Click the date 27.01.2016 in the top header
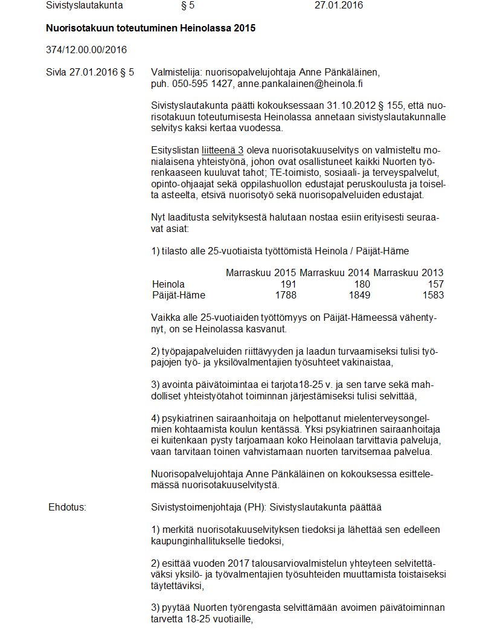(x=339, y=6)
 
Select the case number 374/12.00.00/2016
(x=86, y=50)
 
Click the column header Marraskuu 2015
(x=261, y=273)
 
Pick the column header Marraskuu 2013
(x=408, y=273)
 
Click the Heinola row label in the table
(x=169, y=284)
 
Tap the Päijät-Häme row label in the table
(x=179, y=295)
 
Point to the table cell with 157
(x=435, y=284)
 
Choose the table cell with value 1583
(x=433, y=295)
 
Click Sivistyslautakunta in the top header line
(x=85, y=6)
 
